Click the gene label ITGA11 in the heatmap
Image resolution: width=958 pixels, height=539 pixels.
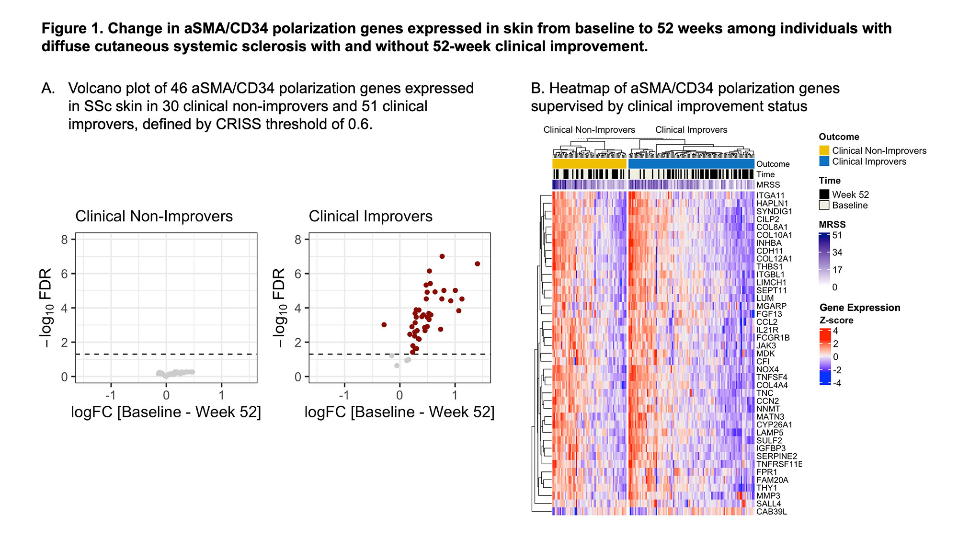[x=770, y=195]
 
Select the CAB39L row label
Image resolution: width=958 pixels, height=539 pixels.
[x=771, y=512]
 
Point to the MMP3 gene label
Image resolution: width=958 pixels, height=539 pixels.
[x=768, y=496]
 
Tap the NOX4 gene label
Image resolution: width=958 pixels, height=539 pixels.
[x=767, y=369]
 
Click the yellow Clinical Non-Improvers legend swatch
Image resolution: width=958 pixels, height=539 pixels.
[x=824, y=150]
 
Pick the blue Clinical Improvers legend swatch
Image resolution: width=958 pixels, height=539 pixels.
[x=824, y=161]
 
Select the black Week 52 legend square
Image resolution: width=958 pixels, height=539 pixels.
[x=824, y=195]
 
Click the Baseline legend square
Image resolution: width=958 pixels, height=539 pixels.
[x=824, y=205]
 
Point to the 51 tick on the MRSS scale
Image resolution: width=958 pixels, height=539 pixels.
[x=837, y=235]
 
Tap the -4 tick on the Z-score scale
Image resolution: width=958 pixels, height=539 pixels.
[x=837, y=383]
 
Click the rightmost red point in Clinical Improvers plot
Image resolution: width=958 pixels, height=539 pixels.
[x=477, y=264]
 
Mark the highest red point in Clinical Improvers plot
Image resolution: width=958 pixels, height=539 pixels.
[x=442, y=256]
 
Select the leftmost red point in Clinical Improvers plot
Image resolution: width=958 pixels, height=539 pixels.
[x=384, y=325]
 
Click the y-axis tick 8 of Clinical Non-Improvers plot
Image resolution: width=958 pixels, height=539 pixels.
[x=65, y=240]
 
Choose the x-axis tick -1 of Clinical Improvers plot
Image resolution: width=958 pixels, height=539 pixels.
[x=343, y=395]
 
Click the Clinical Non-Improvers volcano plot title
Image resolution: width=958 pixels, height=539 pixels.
[x=154, y=217]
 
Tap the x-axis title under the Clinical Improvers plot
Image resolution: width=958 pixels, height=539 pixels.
[x=399, y=413]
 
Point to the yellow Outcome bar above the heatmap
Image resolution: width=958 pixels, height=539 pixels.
[x=589, y=164]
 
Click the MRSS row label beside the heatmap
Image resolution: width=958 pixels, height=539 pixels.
[x=768, y=185]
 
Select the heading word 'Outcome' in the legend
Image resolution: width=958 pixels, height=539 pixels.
[x=839, y=137]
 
